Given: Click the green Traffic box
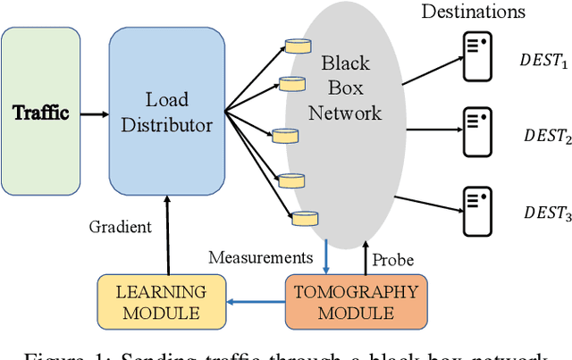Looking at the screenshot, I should (40, 114).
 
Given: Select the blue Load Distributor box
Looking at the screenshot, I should (167, 114).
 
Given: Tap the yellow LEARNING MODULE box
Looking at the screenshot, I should (161, 301).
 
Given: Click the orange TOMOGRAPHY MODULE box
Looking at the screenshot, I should (357, 301).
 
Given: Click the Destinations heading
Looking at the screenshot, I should (473, 12).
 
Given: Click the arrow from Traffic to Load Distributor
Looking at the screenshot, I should (94, 114).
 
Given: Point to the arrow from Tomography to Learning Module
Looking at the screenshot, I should (255, 302).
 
